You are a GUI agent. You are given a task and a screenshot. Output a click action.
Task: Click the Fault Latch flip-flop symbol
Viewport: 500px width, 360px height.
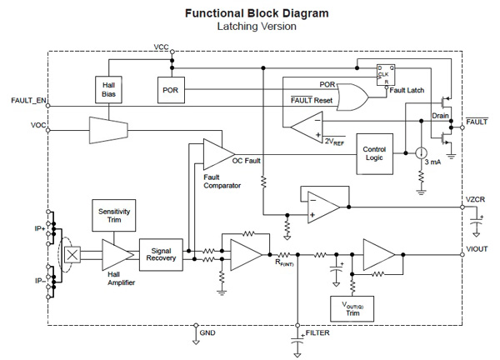386,74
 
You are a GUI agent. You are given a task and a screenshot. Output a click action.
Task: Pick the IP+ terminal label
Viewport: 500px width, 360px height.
37,227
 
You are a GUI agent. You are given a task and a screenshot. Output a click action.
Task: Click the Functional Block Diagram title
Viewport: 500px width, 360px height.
250,13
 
